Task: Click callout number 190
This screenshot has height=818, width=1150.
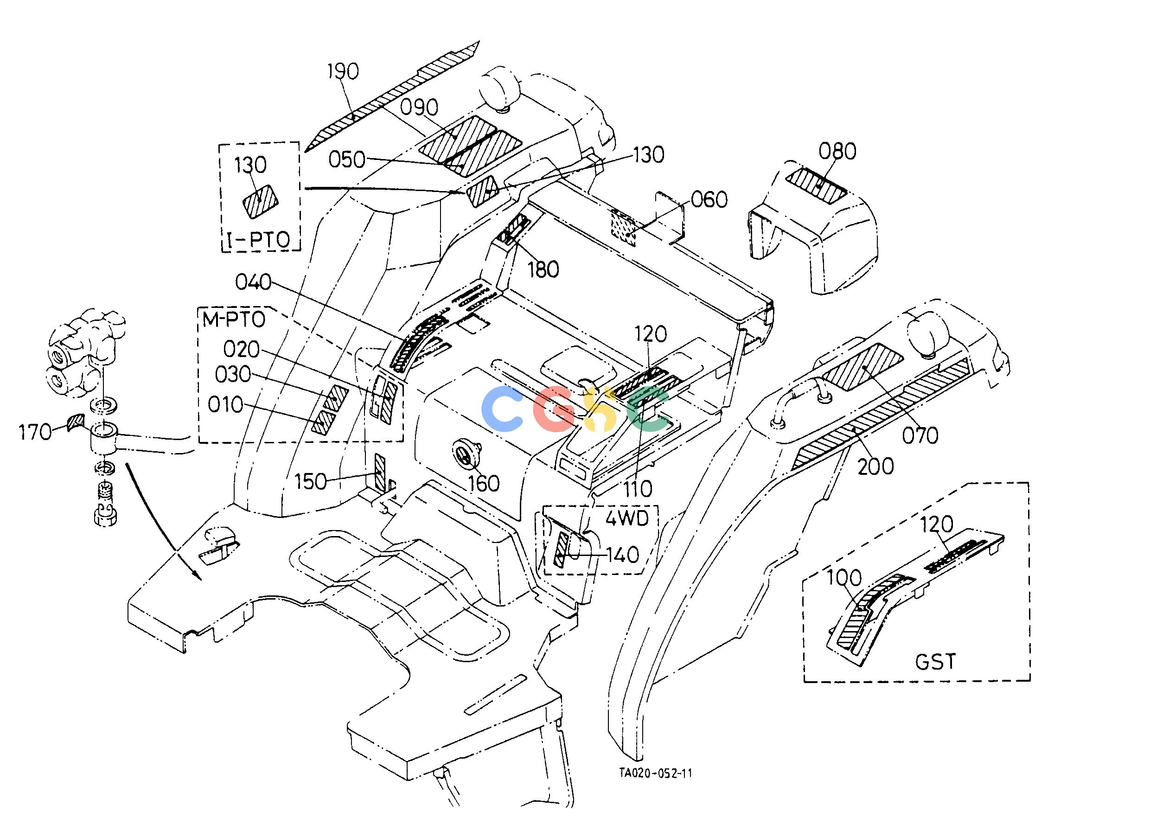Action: click(x=343, y=71)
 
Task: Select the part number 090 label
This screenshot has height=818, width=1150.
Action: click(x=420, y=107)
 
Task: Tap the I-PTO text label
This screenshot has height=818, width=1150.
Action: click(x=259, y=240)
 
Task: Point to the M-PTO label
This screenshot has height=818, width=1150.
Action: click(x=234, y=320)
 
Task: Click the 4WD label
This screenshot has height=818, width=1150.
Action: click(x=626, y=518)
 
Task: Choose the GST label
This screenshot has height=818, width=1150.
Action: click(x=935, y=662)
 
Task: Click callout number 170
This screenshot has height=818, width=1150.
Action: click(x=35, y=432)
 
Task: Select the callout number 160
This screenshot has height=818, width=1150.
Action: click(x=484, y=483)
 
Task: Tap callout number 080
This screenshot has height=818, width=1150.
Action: click(x=837, y=151)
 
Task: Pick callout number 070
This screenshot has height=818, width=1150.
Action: click(x=920, y=435)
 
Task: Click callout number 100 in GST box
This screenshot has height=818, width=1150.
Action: click(x=844, y=578)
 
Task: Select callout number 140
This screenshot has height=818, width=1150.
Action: click(x=624, y=555)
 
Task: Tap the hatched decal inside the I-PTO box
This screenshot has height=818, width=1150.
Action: click(x=261, y=201)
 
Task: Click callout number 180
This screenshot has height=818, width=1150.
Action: click(x=543, y=270)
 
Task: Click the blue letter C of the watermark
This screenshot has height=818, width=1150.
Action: click(x=502, y=409)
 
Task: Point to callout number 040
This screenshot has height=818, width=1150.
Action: click(x=253, y=282)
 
